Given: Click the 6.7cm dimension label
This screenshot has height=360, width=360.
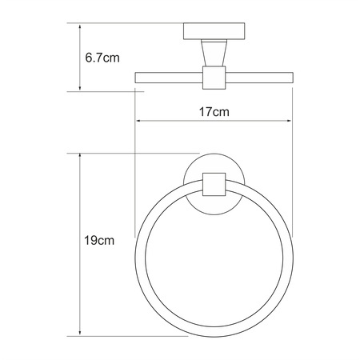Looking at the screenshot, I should click(103, 58).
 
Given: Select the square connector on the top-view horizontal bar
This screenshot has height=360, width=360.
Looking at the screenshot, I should click(213, 77).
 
